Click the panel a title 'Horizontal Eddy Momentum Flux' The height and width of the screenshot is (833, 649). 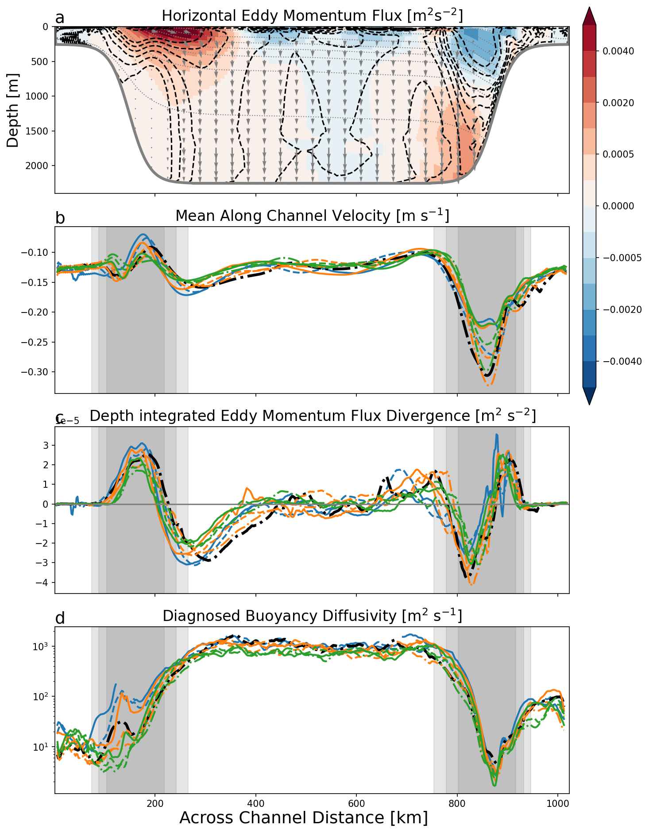point(312,16)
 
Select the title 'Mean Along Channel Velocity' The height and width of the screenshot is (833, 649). point(312,216)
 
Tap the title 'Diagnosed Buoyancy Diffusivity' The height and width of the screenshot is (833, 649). point(312,616)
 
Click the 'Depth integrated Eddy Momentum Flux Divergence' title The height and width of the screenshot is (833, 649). point(312,416)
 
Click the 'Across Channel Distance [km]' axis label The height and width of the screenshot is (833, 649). point(304,817)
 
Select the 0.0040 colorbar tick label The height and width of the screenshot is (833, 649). point(618,51)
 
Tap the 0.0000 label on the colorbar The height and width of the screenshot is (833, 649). point(618,206)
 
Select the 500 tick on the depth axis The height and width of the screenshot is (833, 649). point(41,61)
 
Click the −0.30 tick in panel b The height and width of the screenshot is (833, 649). point(35,372)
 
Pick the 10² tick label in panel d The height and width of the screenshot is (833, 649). point(43,696)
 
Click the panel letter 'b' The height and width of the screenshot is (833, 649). point(60,218)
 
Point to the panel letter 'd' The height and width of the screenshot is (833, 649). point(60,618)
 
